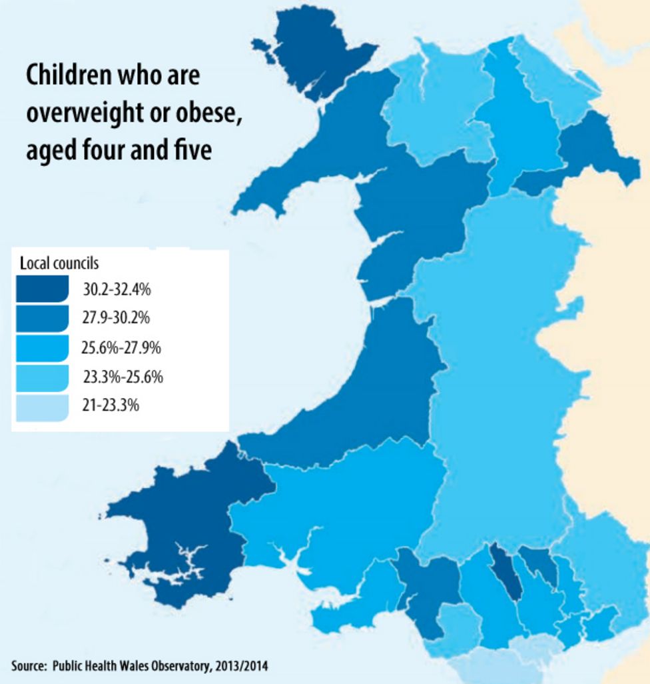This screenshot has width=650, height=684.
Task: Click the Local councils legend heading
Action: point(59,263)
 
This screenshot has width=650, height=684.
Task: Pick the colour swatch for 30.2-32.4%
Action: point(41,289)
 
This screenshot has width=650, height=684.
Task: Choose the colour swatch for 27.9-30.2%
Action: point(41,318)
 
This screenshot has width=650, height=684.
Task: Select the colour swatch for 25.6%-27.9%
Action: point(41,347)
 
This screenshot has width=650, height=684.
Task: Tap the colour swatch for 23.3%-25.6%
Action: point(41,377)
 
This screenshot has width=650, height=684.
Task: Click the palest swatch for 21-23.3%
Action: point(41,406)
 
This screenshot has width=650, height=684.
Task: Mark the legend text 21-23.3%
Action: point(111,405)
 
